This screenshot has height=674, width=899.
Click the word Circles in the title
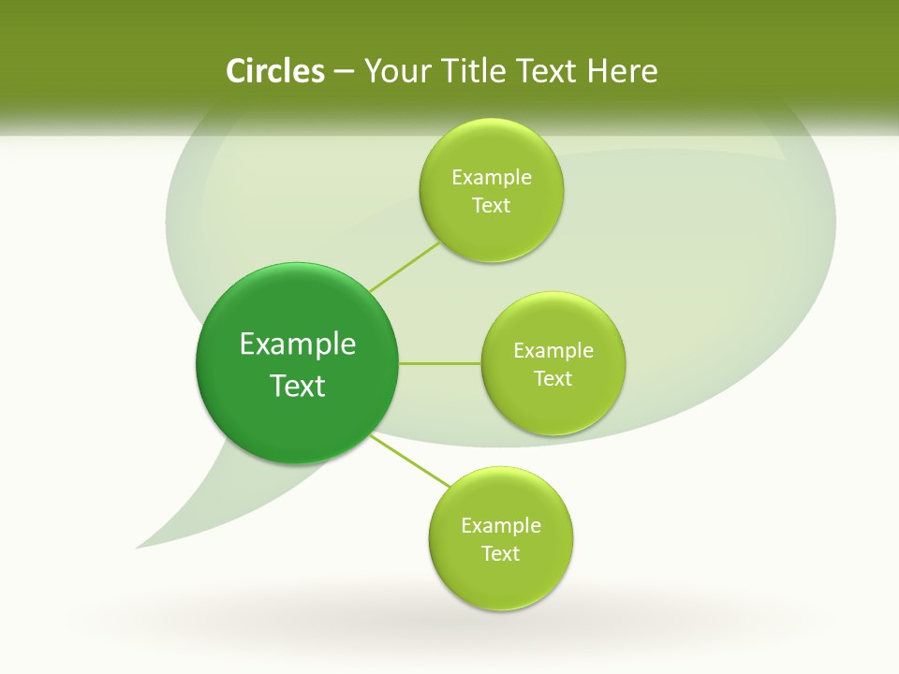click(274, 71)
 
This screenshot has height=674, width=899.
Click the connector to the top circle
click(405, 266)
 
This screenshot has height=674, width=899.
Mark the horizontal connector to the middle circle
click(440, 363)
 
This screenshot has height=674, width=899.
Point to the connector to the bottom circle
click(410, 461)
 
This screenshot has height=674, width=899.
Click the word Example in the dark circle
click(298, 344)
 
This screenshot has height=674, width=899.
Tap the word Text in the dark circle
click(298, 386)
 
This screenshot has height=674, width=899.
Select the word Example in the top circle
click(491, 177)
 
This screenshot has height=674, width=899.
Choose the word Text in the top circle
click(491, 205)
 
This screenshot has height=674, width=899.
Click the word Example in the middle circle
click(553, 350)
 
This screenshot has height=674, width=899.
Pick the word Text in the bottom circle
click(501, 553)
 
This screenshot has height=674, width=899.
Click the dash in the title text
click(343, 72)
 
